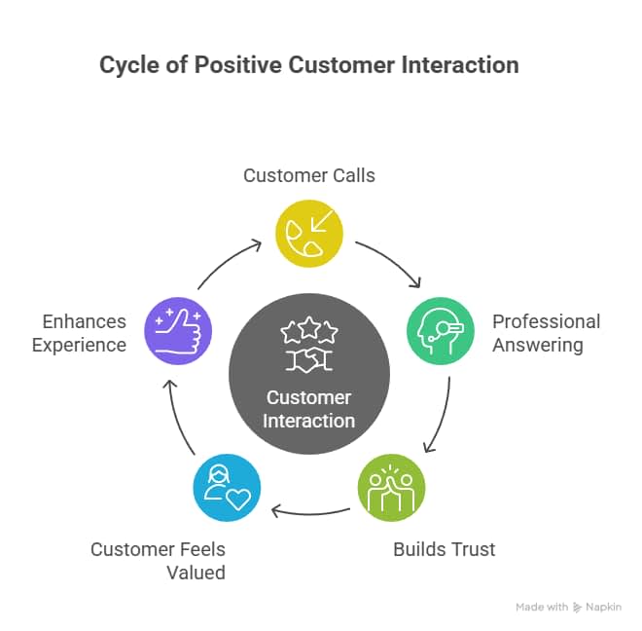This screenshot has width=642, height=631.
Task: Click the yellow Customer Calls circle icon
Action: (x=309, y=234)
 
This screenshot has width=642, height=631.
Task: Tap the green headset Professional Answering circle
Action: (x=440, y=331)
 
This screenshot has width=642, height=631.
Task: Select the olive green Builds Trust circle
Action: (x=391, y=486)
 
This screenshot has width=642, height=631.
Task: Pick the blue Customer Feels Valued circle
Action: (x=227, y=486)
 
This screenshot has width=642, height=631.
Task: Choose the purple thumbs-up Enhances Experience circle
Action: (x=177, y=331)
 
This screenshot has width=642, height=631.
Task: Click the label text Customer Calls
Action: (x=309, y=176)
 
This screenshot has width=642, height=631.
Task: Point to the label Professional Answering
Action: (x=546, y=333)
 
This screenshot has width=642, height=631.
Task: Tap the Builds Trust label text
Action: (x=444, y=549)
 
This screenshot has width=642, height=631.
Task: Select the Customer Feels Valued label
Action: (x=158, y=561)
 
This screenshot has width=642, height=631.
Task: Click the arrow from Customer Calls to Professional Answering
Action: (x=390, y=260)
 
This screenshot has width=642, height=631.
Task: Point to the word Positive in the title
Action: (x=238, y=66)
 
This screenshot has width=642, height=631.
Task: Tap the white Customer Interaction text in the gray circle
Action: (x=308, y=409)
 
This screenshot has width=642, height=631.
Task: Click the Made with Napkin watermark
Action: (x=568, y=607)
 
